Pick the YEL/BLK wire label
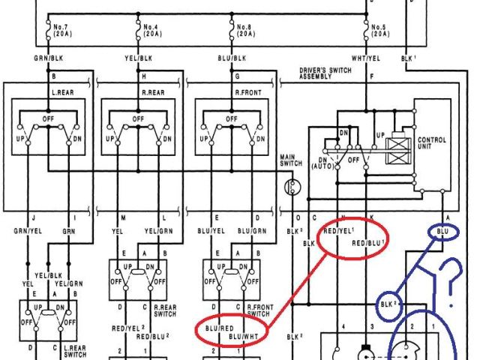coord(139,58)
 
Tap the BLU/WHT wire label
coord(244,338)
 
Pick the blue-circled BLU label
coord(442,233)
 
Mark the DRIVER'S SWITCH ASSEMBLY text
coord(325,73)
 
